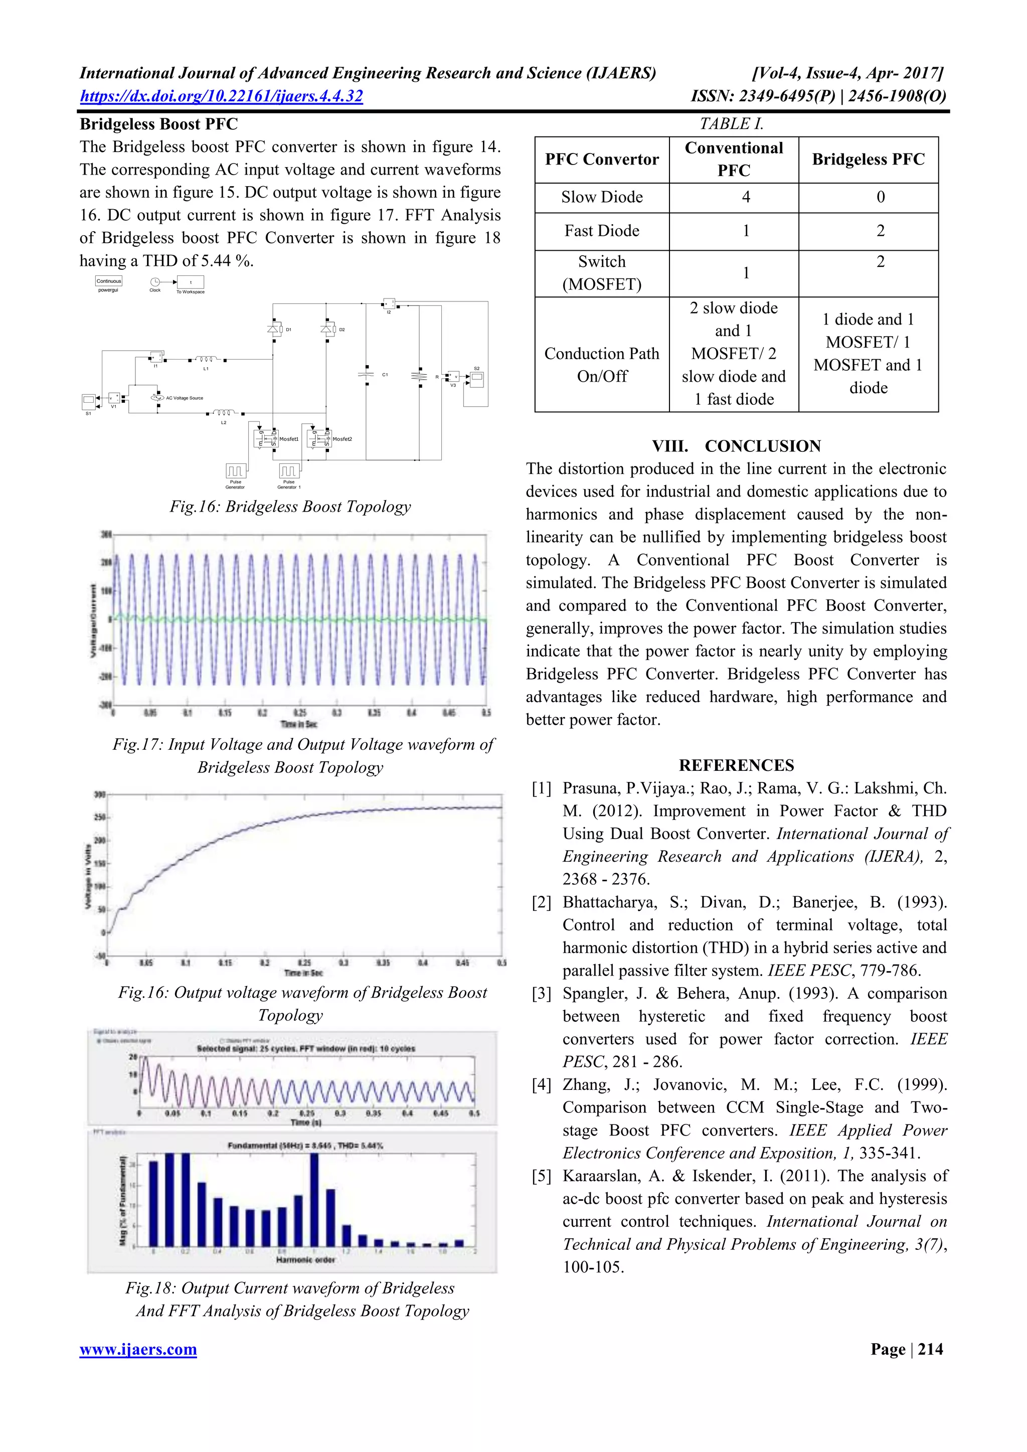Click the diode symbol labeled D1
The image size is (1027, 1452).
274,329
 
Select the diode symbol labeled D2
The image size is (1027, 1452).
327,329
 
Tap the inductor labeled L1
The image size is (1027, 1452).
206,360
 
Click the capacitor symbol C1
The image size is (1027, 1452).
366,374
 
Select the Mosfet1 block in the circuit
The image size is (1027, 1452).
266,438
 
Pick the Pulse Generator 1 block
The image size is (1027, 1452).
289,470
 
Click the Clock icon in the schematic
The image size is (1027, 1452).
155,282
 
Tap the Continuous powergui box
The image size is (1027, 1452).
109,281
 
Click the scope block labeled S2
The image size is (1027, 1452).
477,379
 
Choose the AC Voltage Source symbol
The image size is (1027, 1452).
157,398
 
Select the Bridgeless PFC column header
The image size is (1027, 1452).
868,159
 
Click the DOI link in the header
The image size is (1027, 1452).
221,96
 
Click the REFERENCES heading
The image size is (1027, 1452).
736,765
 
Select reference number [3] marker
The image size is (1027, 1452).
542,994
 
